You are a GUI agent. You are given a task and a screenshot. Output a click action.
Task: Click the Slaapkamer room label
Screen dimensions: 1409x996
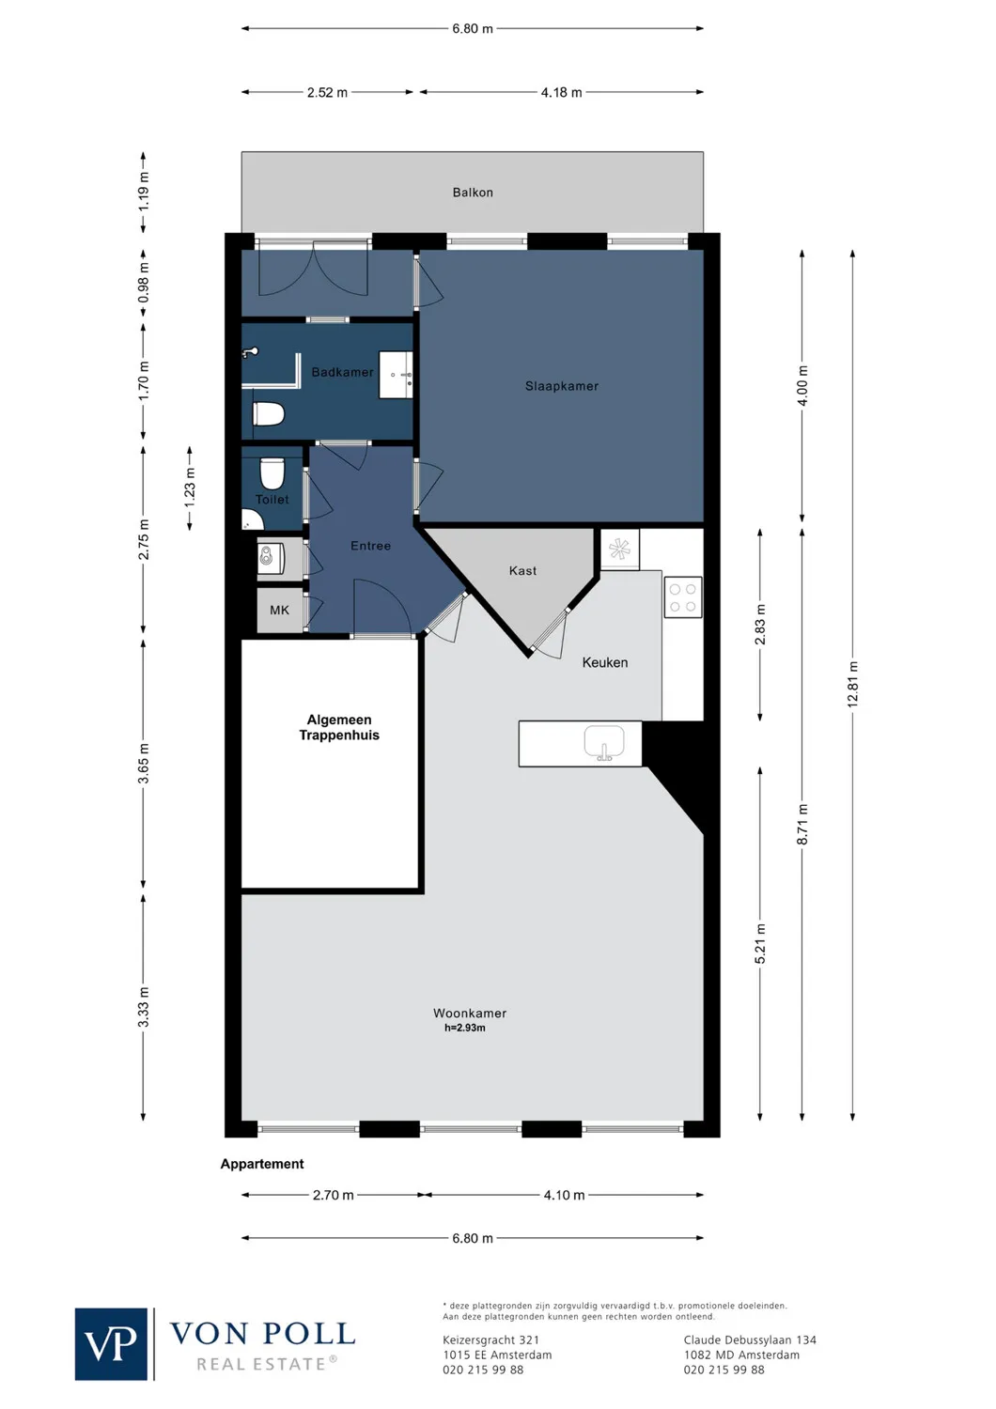561,386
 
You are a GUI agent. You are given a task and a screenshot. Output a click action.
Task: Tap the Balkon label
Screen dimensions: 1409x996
473,193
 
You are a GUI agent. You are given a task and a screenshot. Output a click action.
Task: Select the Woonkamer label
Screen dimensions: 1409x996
470,1013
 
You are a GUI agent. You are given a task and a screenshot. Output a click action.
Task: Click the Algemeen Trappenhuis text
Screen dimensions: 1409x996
339,728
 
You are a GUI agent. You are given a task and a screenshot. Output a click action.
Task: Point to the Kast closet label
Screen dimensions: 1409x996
522,571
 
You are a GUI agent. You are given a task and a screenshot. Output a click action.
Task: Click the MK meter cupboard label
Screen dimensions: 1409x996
279,611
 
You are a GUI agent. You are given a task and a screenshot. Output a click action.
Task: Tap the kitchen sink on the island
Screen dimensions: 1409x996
603,743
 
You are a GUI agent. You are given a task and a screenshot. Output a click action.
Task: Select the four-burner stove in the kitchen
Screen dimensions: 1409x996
683,598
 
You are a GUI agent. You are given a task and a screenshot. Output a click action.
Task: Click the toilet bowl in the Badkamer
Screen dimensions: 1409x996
269,414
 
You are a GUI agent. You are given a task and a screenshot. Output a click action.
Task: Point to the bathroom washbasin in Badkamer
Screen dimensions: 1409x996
397,375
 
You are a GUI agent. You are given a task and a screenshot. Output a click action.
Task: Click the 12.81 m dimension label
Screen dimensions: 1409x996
853,685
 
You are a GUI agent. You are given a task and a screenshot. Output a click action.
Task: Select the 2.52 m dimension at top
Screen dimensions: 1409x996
327,93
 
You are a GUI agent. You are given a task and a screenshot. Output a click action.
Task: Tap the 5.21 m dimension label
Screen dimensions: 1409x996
760,943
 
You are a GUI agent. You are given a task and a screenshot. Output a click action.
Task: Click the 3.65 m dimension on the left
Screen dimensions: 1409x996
144,763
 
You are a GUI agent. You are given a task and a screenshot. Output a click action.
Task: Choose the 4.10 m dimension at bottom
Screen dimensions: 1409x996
564,1195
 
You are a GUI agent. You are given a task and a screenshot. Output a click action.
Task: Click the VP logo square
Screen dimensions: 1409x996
111,1344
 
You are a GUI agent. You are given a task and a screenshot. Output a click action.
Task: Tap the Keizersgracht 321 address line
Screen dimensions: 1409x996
490,1340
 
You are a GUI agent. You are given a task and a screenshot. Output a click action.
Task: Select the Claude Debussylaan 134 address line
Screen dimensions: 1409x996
750,1340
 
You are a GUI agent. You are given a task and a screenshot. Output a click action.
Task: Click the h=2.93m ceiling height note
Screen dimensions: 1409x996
465,1028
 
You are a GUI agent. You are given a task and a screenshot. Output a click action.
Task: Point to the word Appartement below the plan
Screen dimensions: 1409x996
262,1164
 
